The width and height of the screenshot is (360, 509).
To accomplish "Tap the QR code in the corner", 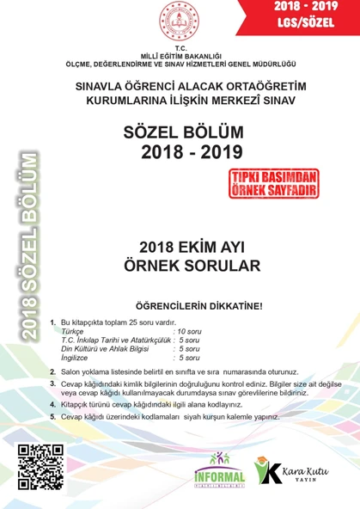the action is (x=40, y=465).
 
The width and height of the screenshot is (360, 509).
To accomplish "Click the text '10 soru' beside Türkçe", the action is (x=191, y=330).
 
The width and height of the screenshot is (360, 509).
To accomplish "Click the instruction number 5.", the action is (x=52, y=416).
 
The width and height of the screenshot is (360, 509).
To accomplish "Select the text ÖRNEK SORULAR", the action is (x=198, y=266).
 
